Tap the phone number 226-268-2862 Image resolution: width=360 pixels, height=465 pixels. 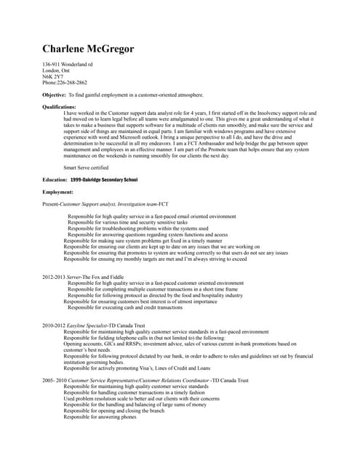pyautogui.click(x=72, y=83)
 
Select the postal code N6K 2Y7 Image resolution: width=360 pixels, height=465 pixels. pyautogui.click(x=53, y=77)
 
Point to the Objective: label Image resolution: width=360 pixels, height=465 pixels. pyautogui.click(x=55, y=95)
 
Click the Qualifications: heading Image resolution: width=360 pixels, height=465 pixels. pyautogui.click(x=59, y=108)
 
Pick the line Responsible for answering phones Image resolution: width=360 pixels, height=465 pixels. pyautogui.click(x=100, y=417)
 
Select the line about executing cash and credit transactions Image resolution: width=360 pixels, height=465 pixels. pyautogui.click(x=125, y=307)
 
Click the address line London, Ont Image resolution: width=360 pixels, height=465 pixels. pyautogui.click(x=57, y=71)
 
